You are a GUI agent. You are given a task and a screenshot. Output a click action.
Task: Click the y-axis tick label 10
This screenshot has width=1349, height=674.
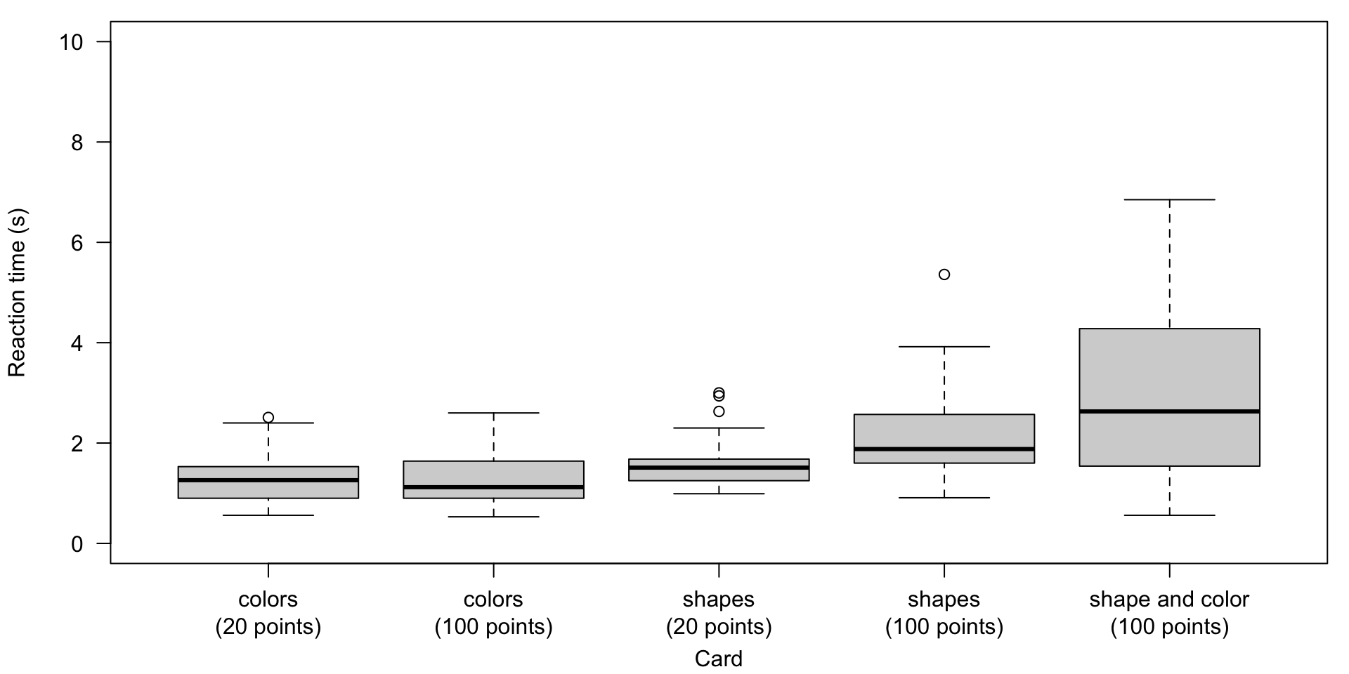[72, 42]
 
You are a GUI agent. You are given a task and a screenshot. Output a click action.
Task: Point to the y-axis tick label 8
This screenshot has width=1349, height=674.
[77, 143]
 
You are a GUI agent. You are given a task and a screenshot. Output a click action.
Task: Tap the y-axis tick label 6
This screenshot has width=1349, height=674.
[77, 243]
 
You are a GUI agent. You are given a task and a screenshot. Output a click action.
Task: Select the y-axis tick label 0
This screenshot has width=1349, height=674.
[77, 544]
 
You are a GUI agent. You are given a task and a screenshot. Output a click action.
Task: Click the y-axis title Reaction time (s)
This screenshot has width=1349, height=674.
[17, 292]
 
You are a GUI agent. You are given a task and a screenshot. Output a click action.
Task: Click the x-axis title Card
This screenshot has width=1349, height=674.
[718, 659]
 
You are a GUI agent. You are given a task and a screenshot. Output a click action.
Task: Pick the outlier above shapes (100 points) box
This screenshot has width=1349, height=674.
[944, 275]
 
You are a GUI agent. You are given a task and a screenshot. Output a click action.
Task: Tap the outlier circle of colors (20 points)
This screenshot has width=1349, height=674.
[268, 417]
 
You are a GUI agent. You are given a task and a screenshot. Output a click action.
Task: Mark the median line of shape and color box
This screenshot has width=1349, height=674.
[1169, 411]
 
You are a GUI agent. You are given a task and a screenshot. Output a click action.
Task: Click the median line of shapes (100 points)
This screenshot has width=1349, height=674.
[944, 449]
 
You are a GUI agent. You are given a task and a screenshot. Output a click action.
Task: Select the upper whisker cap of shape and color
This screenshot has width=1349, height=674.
[1169, 200]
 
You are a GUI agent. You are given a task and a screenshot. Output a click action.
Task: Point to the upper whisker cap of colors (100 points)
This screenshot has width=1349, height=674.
[493, 413]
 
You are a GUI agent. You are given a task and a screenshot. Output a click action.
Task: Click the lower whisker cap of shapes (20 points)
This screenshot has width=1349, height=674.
[719, 494]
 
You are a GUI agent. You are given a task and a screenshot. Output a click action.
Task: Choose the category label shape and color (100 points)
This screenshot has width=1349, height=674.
[1169, 613]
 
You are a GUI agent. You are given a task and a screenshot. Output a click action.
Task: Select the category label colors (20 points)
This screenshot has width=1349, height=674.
[268, 613]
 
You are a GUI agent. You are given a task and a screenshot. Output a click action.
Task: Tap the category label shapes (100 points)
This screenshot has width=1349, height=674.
[944, 613]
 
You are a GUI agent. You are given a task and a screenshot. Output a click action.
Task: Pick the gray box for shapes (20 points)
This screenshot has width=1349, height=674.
[719, 475]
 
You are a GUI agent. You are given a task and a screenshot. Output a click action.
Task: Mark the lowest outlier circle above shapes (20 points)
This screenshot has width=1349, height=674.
[719, 411]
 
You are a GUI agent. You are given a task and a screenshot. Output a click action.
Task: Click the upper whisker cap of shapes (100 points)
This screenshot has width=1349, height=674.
[944, 347]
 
